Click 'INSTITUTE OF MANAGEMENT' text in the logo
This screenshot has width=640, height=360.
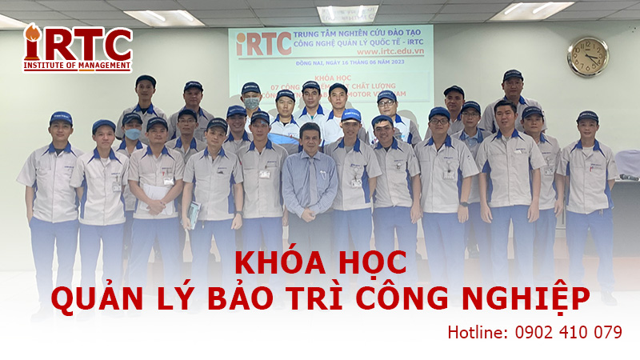point(77,66)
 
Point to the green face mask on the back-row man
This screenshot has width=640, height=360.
point(253,102)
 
